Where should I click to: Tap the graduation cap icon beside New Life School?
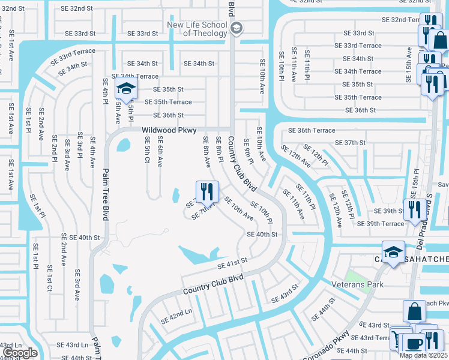tap(237, 28)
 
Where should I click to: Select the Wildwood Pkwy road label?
tap(169, 130)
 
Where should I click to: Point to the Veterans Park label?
tap(357, 284)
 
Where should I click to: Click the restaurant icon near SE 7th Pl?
tap(205, 192)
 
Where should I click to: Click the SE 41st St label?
tap(232, 263)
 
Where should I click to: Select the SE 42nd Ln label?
tap(176, 315)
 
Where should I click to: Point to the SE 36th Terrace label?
tap(312, 130)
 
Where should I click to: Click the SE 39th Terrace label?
tap(381, 224)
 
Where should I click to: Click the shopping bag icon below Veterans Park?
tap(414, 312)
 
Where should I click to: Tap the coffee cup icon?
tap(413, 344)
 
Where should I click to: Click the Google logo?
tap(20, 353)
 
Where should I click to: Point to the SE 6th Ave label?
tap(160, 151)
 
